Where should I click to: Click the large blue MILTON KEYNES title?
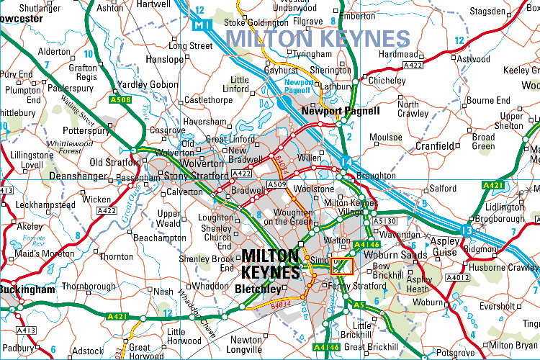318,38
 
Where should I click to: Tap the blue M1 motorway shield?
202,25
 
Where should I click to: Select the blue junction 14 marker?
346,161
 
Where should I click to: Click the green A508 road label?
120,99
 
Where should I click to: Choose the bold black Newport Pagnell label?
341,112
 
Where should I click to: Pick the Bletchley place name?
258,289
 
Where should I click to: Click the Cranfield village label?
436,146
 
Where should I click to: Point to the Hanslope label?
165,59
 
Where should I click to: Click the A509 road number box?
277,186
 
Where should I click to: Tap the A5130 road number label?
387,221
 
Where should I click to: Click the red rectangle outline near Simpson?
341,266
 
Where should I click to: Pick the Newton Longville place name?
246,345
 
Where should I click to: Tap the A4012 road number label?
458,276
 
